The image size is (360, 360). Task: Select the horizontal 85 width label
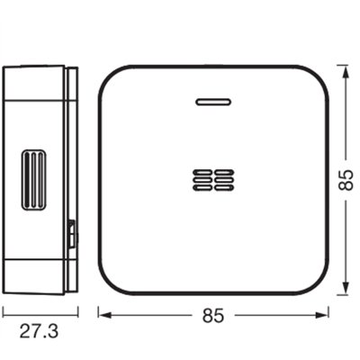point(213,315)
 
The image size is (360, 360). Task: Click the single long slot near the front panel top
point(213,101)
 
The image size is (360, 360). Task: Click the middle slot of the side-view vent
point(31,179)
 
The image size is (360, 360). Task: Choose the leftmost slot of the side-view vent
point(25,179)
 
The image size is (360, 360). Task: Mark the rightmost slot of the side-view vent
point(39,179)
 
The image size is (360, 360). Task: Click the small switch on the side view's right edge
point(71,235)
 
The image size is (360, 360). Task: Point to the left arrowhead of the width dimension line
point(101,315)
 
